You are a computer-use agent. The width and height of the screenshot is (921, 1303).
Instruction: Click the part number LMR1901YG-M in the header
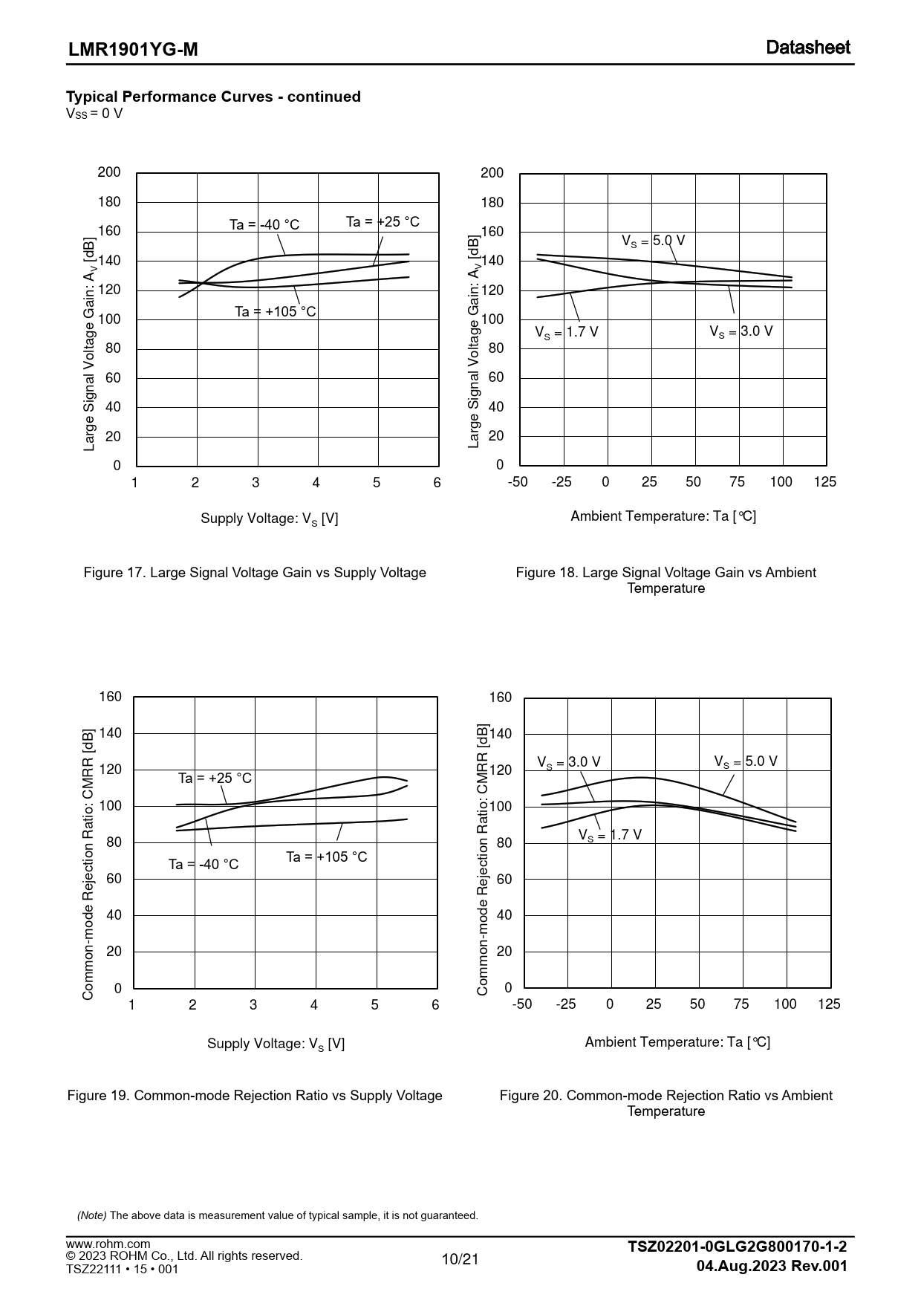[x=134, y=50]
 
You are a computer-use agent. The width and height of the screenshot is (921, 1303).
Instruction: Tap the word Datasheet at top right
[x=808, y=48]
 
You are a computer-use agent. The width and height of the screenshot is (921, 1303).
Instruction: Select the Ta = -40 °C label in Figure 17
[x=264, y=224]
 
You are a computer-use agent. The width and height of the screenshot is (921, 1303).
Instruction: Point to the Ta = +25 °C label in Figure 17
[x=383, y=221]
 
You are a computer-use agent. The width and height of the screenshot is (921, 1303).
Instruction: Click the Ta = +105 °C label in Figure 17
[x=276, y=311]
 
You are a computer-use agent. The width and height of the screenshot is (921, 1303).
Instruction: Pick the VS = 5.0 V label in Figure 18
[x=653, y=241]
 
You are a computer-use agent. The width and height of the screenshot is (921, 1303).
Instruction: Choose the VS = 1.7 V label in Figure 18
[x=566, y=332]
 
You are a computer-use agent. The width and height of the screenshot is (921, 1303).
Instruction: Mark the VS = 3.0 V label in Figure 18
[x=741, y=331]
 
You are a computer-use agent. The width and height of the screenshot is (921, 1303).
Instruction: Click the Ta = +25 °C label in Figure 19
[x=215, y=778]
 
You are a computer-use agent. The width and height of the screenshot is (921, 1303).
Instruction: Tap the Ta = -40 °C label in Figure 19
[x=204, y=864]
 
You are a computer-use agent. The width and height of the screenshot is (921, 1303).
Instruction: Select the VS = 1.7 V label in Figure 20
[x=610, y=835]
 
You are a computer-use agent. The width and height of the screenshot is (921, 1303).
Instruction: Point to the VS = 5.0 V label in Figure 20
[x=745, y=761]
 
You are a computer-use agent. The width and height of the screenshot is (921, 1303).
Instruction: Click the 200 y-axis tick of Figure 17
[x=109, y=172]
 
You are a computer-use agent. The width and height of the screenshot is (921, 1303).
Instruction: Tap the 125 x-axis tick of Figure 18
[x=824, y=481]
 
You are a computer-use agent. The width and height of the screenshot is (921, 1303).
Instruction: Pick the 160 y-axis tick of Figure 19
[x=111, y=697]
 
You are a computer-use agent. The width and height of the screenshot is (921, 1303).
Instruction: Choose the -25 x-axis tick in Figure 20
[x=565, y=1004]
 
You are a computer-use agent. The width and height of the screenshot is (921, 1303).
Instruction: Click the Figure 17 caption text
[x=255, y=573]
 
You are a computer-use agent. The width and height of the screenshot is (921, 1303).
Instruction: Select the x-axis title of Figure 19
[x=276, y=1044]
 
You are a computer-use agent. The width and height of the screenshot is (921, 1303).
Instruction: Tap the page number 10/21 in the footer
[x=461, y=1258]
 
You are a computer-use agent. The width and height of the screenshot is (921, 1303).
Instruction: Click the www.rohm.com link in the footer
[x=108, y=1244]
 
